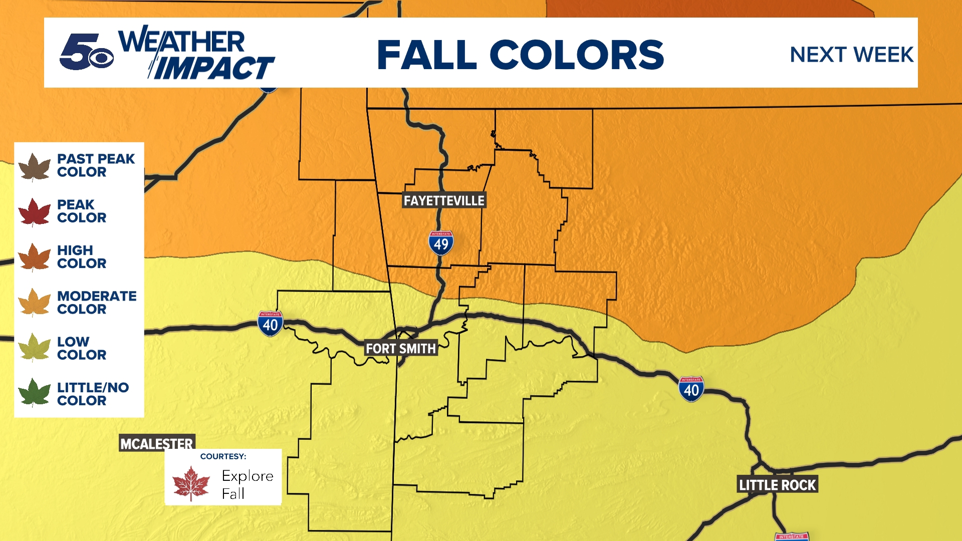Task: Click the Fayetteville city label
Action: click(x=444, y=201)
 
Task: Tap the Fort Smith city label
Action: click(x=401, y=349)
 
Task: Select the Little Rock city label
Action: click(x=778, y=485)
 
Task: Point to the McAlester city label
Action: click(x=156, y=443)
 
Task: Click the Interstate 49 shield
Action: click(x=441, y=243)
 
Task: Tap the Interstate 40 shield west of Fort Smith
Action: click(x=270, y=324)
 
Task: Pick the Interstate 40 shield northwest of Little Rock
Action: click(x=691, y=389)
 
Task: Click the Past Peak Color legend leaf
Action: click(x=34, y=166)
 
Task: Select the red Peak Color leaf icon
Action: click(x=34, y=212)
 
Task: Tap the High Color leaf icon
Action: click(x=34, y=257)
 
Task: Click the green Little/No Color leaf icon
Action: click(x=34, y=393)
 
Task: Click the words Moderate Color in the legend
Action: click(x=96, y=303)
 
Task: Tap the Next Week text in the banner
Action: click(x=851, y=55)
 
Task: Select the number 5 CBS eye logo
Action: click(x=86, y=53)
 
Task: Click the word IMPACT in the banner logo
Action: click(x=213, y=68)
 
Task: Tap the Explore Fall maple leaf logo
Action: click(x=191, y=483)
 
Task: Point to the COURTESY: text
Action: click(x=223, y=456)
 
